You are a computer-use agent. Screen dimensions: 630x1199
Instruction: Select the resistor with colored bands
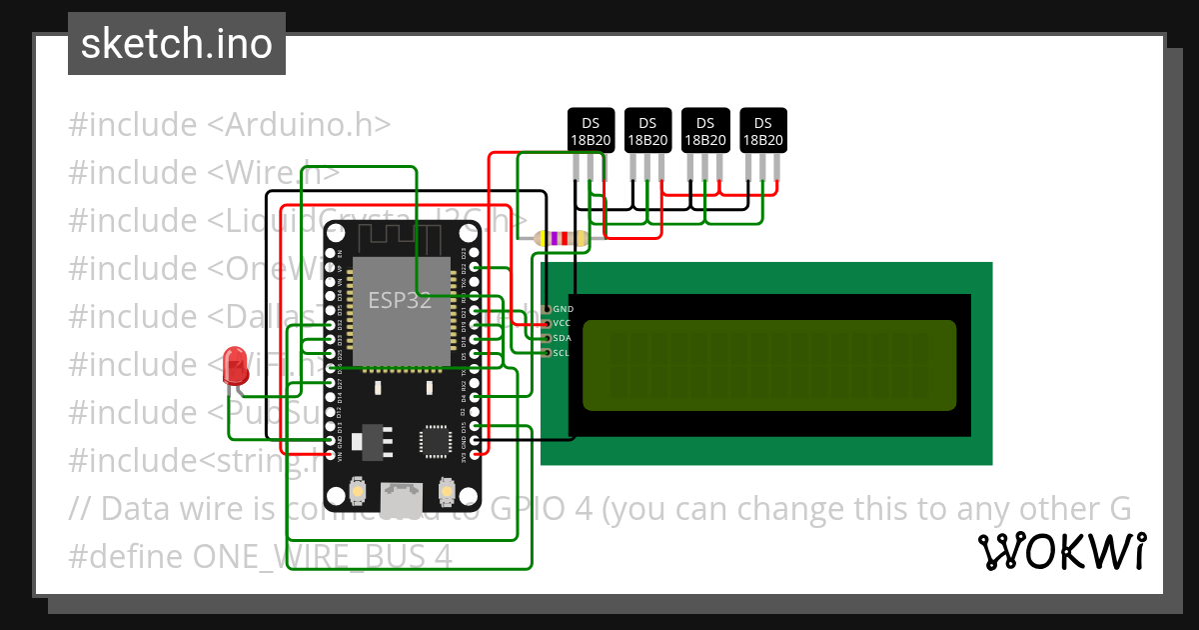tap(562, 238)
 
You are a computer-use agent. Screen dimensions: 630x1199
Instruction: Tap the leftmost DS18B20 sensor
tap(591, 130)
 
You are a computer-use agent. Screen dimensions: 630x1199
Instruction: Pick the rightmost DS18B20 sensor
tap(762, 130)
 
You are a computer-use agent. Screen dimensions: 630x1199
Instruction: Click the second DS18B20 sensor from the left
tap(647, 130)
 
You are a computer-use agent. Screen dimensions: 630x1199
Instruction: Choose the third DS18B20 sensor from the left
tap(705, 130)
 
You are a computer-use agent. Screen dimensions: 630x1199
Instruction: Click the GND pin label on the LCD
tap(563, 310)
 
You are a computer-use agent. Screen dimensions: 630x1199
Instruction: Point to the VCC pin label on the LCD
tap(563, 324)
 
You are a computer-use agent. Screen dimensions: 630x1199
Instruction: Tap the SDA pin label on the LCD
tap(563, 338)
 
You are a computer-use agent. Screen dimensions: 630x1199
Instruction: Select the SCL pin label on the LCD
tap(562, 353)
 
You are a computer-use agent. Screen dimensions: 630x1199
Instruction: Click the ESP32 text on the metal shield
tap(400, 301)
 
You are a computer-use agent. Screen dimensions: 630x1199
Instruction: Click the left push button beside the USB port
tap(358, 492)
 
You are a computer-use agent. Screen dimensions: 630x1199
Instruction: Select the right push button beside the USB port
tap(447, 492)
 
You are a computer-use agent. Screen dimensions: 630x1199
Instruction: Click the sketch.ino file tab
tap(177, 44)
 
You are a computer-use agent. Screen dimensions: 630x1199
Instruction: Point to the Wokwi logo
tap(1061, 551)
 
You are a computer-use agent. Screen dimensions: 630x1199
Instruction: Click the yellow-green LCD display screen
tap(769, 366)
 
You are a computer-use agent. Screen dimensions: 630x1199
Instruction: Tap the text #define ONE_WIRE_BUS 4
tap(260, 556)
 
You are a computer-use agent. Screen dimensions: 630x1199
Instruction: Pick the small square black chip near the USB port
tap(436, 441)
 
